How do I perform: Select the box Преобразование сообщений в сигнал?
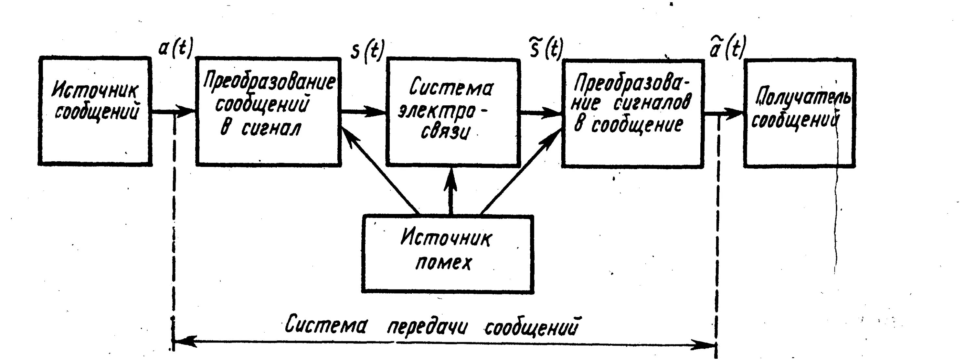tap(268, 112)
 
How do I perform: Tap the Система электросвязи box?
tap(453, 113)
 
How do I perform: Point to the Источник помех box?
tap(448, 254)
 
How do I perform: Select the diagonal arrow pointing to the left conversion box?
tap(379, 170)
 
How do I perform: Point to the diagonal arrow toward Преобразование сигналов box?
tap(520, 170)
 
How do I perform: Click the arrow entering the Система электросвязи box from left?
tap(363, 112)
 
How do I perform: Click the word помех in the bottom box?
tap(443, 263)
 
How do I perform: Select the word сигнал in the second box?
tap(271, 129)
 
